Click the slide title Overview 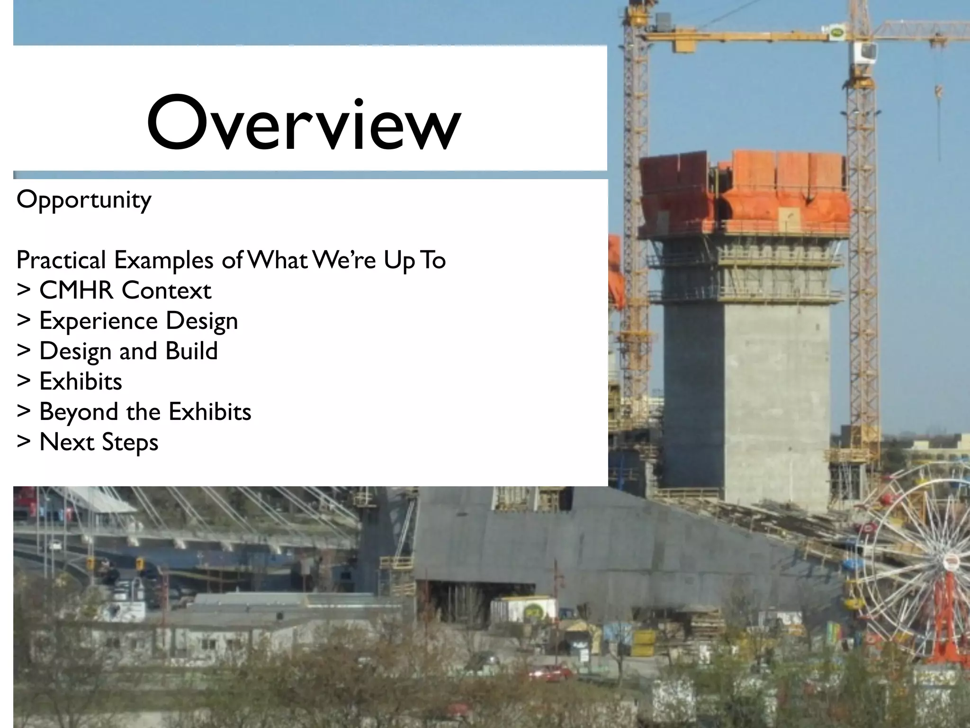tap(303, 123)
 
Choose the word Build tap(191, 351)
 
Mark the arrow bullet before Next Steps tap(23, 442)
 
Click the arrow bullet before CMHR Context tap(23, 290)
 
